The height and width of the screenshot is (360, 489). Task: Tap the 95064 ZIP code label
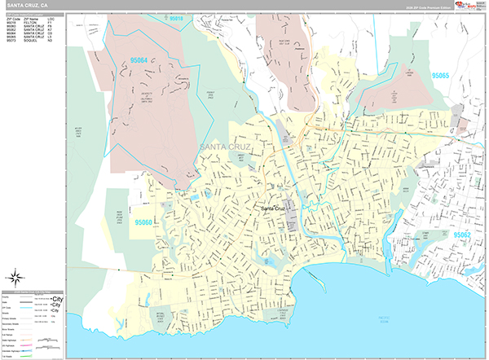click(x=139, y=59)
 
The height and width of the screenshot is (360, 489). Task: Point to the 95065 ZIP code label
click(x=440, y=75)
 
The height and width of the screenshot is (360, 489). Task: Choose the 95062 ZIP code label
click(x=461, y=235)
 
